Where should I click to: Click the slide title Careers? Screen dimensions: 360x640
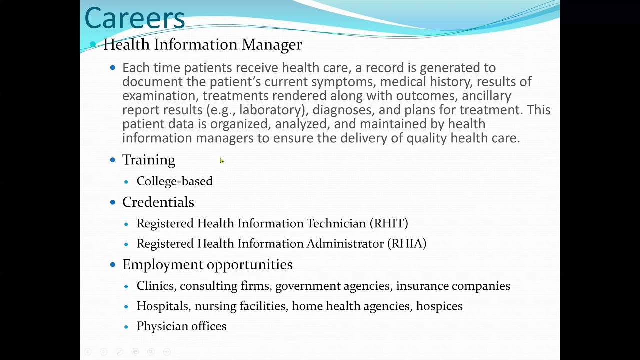(135, 18)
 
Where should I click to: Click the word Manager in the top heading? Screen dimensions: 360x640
(272, 45)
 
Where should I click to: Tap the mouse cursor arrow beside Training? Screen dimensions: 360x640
(221, 160)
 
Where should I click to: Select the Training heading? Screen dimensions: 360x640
(149, 160)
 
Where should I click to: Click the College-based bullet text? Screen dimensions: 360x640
(174, 181)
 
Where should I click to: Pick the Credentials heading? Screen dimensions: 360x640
(158, 202)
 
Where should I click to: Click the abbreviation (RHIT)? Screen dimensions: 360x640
(389, 223)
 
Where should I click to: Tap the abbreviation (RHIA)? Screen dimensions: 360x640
(407, 243)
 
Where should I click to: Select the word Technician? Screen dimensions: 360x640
(336, 223)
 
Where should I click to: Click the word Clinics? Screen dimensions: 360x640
(156, 286)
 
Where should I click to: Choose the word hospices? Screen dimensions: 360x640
(439, 306)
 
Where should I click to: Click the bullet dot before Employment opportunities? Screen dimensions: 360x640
(113, 264)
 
